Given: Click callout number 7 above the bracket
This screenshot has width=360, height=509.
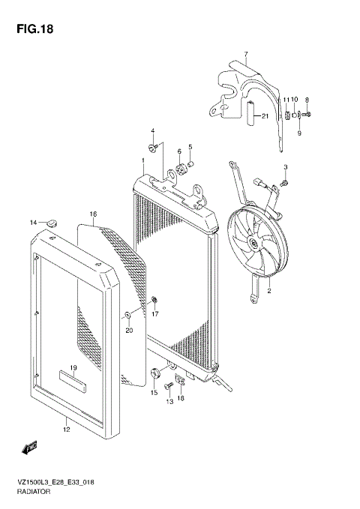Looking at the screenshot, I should point(245,54).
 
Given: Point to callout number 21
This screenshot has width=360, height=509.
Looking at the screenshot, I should point(264,116).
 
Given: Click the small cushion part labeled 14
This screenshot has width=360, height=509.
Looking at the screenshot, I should point(52,222).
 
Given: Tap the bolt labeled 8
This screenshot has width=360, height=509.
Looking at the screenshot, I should point(309,115).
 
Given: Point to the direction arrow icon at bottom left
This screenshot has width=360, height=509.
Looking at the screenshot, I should point(31,448).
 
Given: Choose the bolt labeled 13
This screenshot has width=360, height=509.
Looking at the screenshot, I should point(169,387).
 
